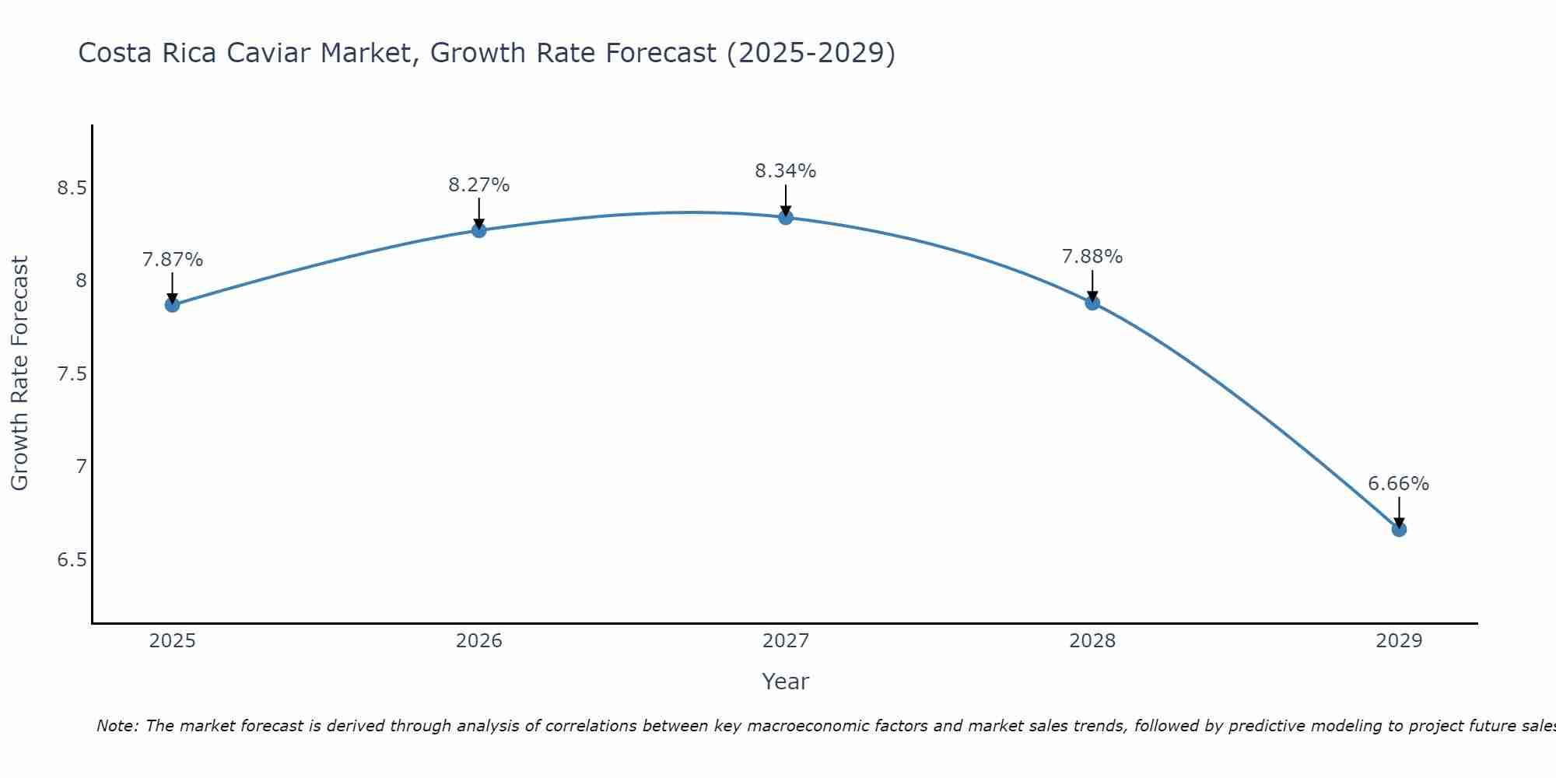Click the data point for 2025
point(172,304)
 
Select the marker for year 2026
point(478,230)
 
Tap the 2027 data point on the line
point(785,217)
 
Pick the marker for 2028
point(1092,303)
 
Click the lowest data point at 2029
point(1398,529)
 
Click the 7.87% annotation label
point(172,260)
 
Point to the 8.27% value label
point(478,185)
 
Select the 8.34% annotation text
point(785,171)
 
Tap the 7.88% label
point(1092,257)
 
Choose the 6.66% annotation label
point(1398,484)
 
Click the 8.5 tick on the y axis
point(72,188)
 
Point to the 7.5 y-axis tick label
point(72,374)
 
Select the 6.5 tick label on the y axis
point(72,560)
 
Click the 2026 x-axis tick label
point(478,641)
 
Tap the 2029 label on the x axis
point(1398,641)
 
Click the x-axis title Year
point(785,682)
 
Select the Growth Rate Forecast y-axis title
point(19,373)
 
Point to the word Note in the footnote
point(117,726)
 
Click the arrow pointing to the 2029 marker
point(1398,512)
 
